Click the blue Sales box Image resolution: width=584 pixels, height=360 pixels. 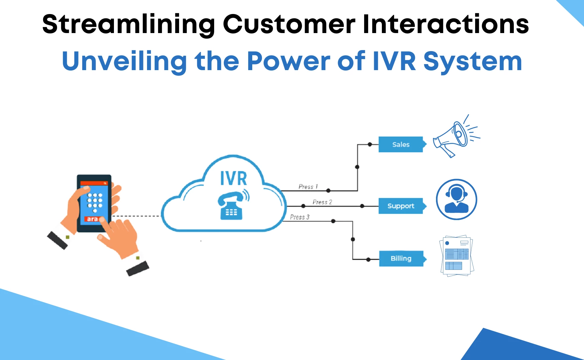point(401,145)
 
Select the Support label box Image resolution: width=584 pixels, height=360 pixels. point(401,206)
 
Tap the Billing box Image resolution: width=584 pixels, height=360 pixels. point(401,258)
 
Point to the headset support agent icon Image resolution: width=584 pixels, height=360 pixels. point(456,199)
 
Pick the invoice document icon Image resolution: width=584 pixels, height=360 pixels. point(456,256)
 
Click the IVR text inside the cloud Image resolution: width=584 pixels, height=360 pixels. point(234,178)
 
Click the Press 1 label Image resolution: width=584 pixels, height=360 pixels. point(308,187)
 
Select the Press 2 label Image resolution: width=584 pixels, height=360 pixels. point(322,202)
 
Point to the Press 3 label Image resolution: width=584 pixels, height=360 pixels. point(300,217)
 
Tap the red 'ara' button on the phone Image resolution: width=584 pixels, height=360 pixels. point(92,219)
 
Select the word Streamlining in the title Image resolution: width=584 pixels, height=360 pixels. point(129,24)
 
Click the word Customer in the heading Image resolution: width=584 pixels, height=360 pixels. point(289,24)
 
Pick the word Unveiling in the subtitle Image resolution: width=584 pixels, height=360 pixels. point(124,61)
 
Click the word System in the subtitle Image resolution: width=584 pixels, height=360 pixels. point(472,61)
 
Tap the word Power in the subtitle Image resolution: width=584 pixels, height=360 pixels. point(289,61)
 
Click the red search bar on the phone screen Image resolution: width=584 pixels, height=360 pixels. point(94,183)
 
